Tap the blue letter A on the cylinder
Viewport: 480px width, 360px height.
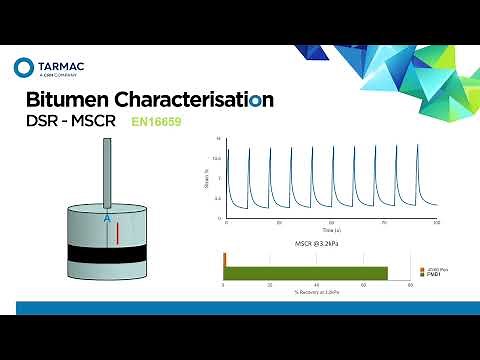106,216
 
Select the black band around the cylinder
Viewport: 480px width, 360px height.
106,253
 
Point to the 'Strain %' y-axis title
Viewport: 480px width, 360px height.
207,178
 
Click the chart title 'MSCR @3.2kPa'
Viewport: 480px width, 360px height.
317,243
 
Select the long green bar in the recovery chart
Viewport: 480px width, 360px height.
306,273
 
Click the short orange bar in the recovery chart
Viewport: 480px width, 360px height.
225,259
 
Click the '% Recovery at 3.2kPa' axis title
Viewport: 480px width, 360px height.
317,291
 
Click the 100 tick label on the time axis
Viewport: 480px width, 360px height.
436,221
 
